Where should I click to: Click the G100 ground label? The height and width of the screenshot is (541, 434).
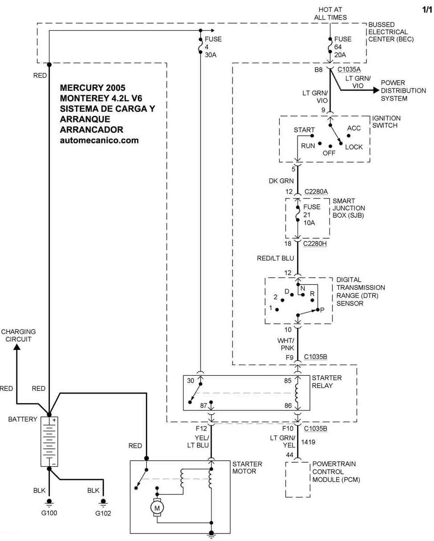[x=49, y=513]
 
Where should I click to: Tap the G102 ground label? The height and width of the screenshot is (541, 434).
[x=103, y=513]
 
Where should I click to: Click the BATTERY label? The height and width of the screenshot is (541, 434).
[x=23, y=419]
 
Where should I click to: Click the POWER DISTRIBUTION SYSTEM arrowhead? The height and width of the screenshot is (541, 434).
[x=376, y=90]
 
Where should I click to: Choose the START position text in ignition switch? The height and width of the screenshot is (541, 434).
[x=304, y=130]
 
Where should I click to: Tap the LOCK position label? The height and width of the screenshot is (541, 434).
[x=354, y=146]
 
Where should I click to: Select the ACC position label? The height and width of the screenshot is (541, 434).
[x=354, y=128]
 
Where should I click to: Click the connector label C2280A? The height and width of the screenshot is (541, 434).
[x=316, y=191]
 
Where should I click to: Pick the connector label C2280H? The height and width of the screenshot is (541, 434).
[x=315, y=244]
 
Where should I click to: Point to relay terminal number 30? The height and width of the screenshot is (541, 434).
[x=190, y=381]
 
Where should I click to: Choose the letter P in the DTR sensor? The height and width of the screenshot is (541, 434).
[x=322, y=309]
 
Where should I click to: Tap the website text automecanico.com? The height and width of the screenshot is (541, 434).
[x=100, y=140]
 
